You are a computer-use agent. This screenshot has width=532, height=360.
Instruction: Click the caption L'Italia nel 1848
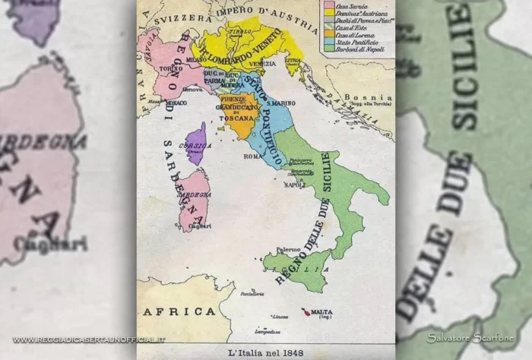[266, 352]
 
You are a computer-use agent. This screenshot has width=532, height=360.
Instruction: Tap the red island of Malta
[305, 312]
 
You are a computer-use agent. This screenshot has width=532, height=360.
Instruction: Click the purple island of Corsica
[197, 143]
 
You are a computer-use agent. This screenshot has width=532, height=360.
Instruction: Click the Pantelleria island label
[251, 293]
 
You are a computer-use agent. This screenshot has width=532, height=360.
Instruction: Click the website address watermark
[89, 339]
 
